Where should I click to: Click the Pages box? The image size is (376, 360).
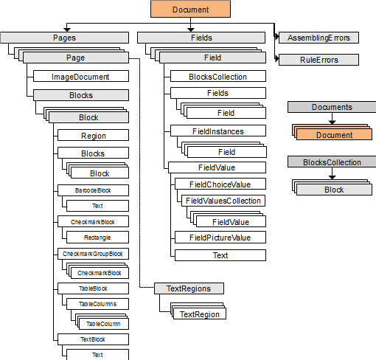64,38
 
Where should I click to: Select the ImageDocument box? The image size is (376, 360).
81,76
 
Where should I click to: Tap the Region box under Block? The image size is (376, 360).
93,135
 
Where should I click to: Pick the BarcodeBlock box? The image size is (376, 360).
93,190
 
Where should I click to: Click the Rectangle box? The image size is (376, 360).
97,238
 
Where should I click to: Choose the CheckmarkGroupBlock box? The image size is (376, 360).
93,254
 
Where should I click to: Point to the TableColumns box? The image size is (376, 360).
97,304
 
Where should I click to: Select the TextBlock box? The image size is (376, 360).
93,339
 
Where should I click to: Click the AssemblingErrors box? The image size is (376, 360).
318,38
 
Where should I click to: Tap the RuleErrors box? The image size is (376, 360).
318,60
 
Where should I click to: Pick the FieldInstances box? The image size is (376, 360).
218,131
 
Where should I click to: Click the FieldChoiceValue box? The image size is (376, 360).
220,184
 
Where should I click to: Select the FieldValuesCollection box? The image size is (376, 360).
223,201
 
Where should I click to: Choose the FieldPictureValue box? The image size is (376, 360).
220,238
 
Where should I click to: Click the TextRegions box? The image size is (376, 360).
189,288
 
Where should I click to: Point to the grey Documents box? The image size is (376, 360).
332,107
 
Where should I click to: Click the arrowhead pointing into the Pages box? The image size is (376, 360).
67,30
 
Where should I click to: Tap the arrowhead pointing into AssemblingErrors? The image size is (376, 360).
277,37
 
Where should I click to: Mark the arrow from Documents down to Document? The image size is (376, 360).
332,119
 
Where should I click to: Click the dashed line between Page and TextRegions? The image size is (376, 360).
140,173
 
